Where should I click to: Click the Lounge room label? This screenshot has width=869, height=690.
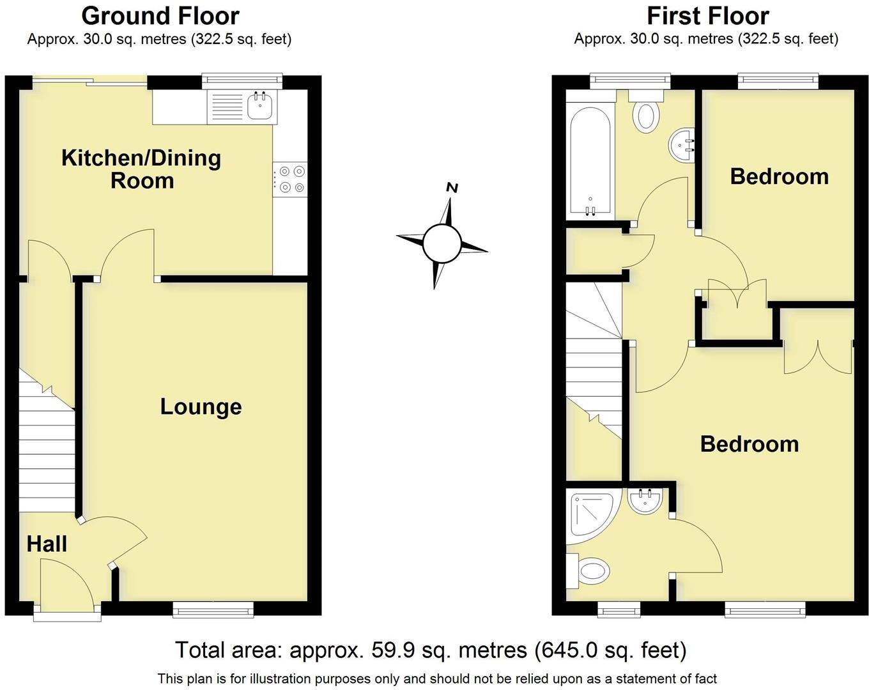[201, 407]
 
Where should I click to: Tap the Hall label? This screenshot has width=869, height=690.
[47, 544]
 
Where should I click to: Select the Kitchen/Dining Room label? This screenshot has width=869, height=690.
[141, 169]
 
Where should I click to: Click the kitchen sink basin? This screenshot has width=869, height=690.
[259, 107]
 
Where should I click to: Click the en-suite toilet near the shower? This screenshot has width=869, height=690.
[590, 571]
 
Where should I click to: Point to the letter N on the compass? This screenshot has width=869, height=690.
[452, 188]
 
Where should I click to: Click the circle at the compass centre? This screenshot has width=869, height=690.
[442, 243]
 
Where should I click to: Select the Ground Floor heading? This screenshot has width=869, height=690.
[160, 15]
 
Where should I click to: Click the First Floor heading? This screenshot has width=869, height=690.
[707, 15]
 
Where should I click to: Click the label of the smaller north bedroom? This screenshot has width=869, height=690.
[779, 176]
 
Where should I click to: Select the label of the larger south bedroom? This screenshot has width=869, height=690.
[749, 444]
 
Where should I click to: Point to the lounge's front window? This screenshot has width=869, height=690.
[213, 611]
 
